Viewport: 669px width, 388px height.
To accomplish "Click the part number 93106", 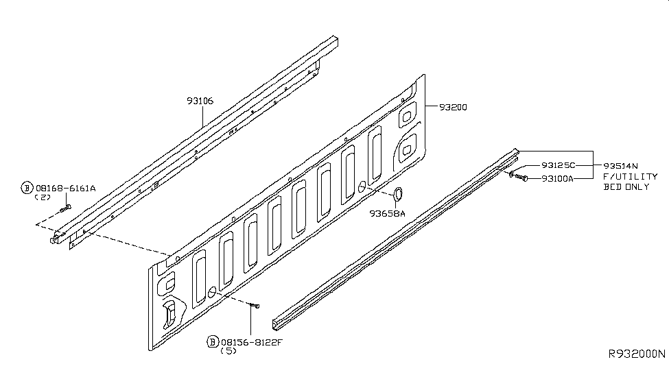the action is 200,101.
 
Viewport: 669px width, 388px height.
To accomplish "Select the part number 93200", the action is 453,108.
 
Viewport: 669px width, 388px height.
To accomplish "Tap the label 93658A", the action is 388,214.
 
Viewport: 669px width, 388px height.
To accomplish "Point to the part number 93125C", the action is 558,165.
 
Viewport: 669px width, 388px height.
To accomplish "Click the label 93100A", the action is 558,179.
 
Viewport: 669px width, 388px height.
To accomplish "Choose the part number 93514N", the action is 621,166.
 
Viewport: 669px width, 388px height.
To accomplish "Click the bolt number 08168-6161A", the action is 66,188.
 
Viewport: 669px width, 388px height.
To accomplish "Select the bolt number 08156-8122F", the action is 252,342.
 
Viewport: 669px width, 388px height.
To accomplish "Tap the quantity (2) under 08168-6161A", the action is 43,197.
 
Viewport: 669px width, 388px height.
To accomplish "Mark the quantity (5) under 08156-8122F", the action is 228,351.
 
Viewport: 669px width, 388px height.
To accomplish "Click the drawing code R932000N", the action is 637,354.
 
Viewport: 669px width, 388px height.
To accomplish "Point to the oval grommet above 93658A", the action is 398,194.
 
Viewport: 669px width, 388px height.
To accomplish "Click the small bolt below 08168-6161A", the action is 66,208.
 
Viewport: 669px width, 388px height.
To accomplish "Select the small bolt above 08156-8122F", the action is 255,306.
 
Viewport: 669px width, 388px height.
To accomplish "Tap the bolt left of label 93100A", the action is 519,176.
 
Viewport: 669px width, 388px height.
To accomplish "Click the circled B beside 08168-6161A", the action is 27,188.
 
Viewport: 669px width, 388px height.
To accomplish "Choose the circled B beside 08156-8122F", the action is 213,342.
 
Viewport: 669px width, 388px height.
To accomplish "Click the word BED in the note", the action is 612,186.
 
